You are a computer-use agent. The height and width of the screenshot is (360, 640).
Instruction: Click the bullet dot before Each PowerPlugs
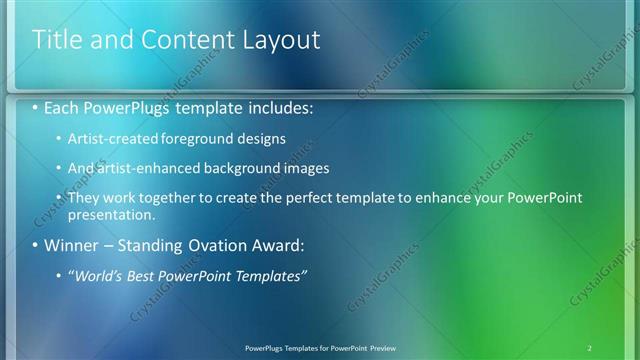click(37, 106)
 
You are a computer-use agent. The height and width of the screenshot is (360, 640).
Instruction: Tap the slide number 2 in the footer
click(590, 347)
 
